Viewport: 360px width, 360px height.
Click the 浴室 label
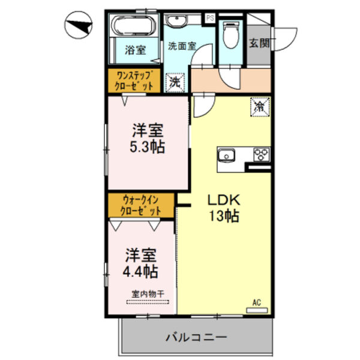point(134,50)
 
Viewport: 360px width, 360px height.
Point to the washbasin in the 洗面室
point(176,22)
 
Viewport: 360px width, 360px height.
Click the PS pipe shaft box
point(210,18)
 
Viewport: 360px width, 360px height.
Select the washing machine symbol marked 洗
point(175,82)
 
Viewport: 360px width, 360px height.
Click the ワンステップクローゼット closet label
point(134,81)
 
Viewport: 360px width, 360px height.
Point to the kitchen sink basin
point(228,154)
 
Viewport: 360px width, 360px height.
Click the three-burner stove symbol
point(262,154)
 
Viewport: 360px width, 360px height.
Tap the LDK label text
point(224,200)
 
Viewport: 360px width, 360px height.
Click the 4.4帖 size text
point(141,272)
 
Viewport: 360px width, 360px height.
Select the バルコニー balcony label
point(196,338)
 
